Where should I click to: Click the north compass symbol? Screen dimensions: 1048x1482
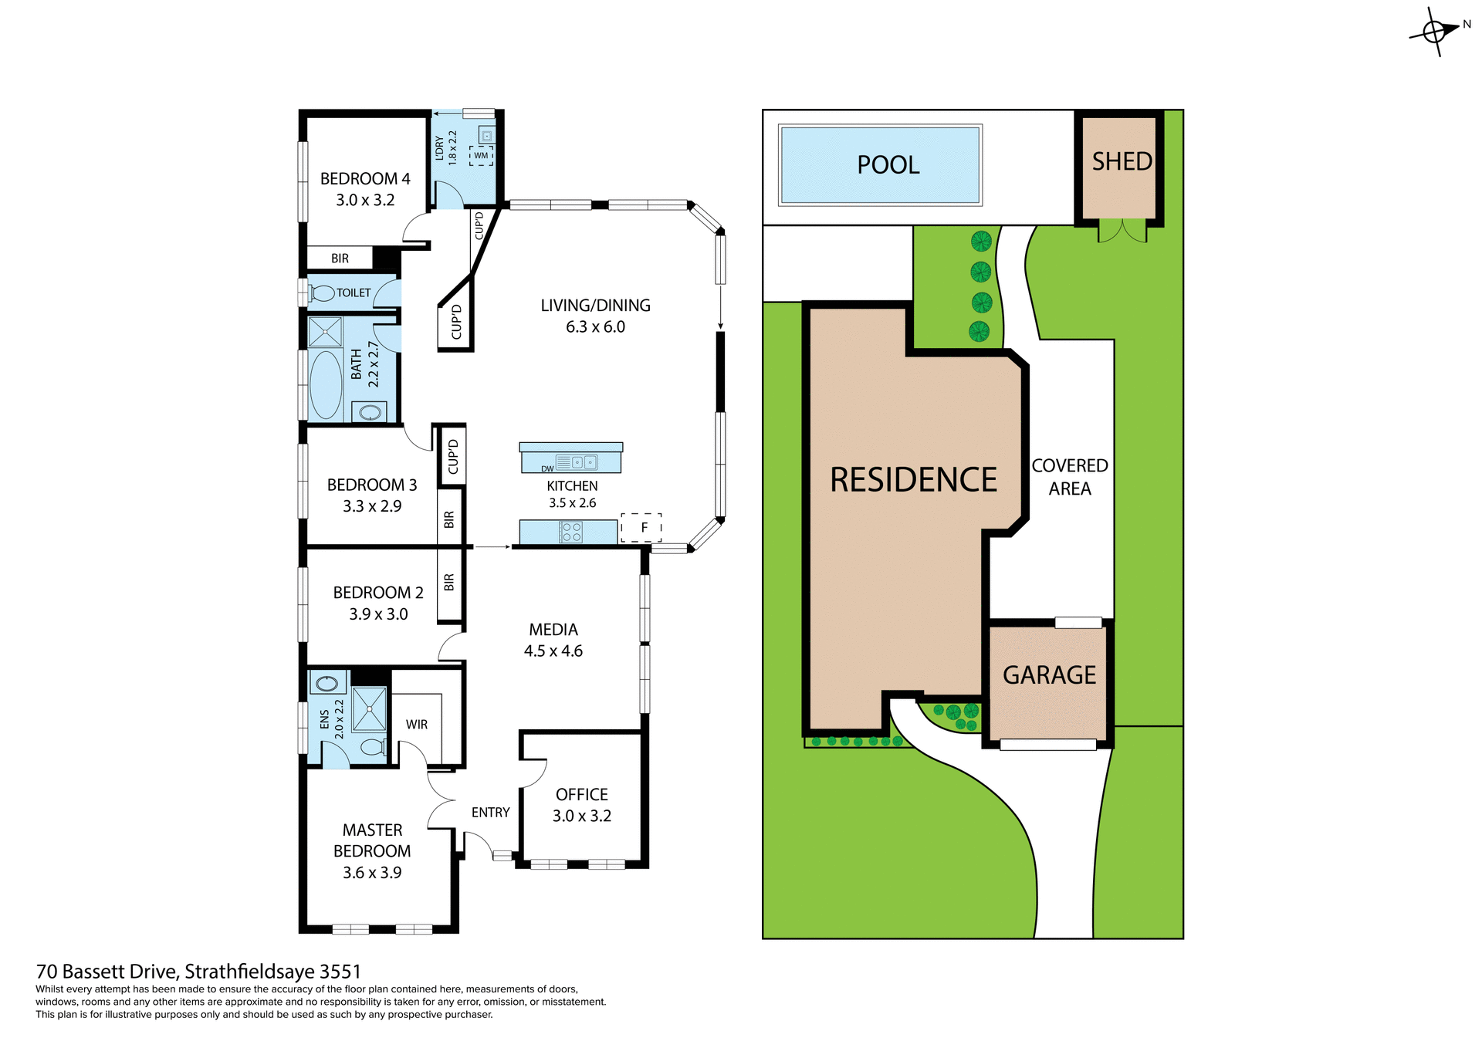coord(1435,32)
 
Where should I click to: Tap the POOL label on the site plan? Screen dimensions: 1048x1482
coord(888,165)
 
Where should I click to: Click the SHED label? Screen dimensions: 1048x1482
coord(1122,161)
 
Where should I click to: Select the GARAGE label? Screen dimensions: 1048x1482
coord(1049,675)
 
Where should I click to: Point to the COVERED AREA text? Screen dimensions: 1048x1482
coord(1069,477)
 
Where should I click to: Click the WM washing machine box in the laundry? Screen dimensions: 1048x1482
coord(481,156)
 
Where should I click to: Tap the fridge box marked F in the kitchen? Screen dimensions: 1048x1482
coord(641,528)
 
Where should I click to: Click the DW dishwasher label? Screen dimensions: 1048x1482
coord(547,468)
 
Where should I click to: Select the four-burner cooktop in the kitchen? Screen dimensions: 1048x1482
coord(571,532)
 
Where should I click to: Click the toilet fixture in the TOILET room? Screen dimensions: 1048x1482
coord(322,293)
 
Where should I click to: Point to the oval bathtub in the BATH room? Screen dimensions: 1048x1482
coord(326,385)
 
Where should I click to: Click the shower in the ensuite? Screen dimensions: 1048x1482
coord(369,708)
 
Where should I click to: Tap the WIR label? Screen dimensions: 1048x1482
coord(417,725)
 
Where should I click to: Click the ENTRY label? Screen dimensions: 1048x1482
coord(491,813)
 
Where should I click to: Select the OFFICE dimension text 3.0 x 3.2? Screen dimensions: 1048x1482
coord(582,816)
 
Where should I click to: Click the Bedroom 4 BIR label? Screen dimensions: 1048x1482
coord(340,259)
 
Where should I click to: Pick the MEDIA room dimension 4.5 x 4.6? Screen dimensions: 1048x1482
coord(553,651)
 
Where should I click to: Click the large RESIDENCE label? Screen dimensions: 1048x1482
coord(913,480)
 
